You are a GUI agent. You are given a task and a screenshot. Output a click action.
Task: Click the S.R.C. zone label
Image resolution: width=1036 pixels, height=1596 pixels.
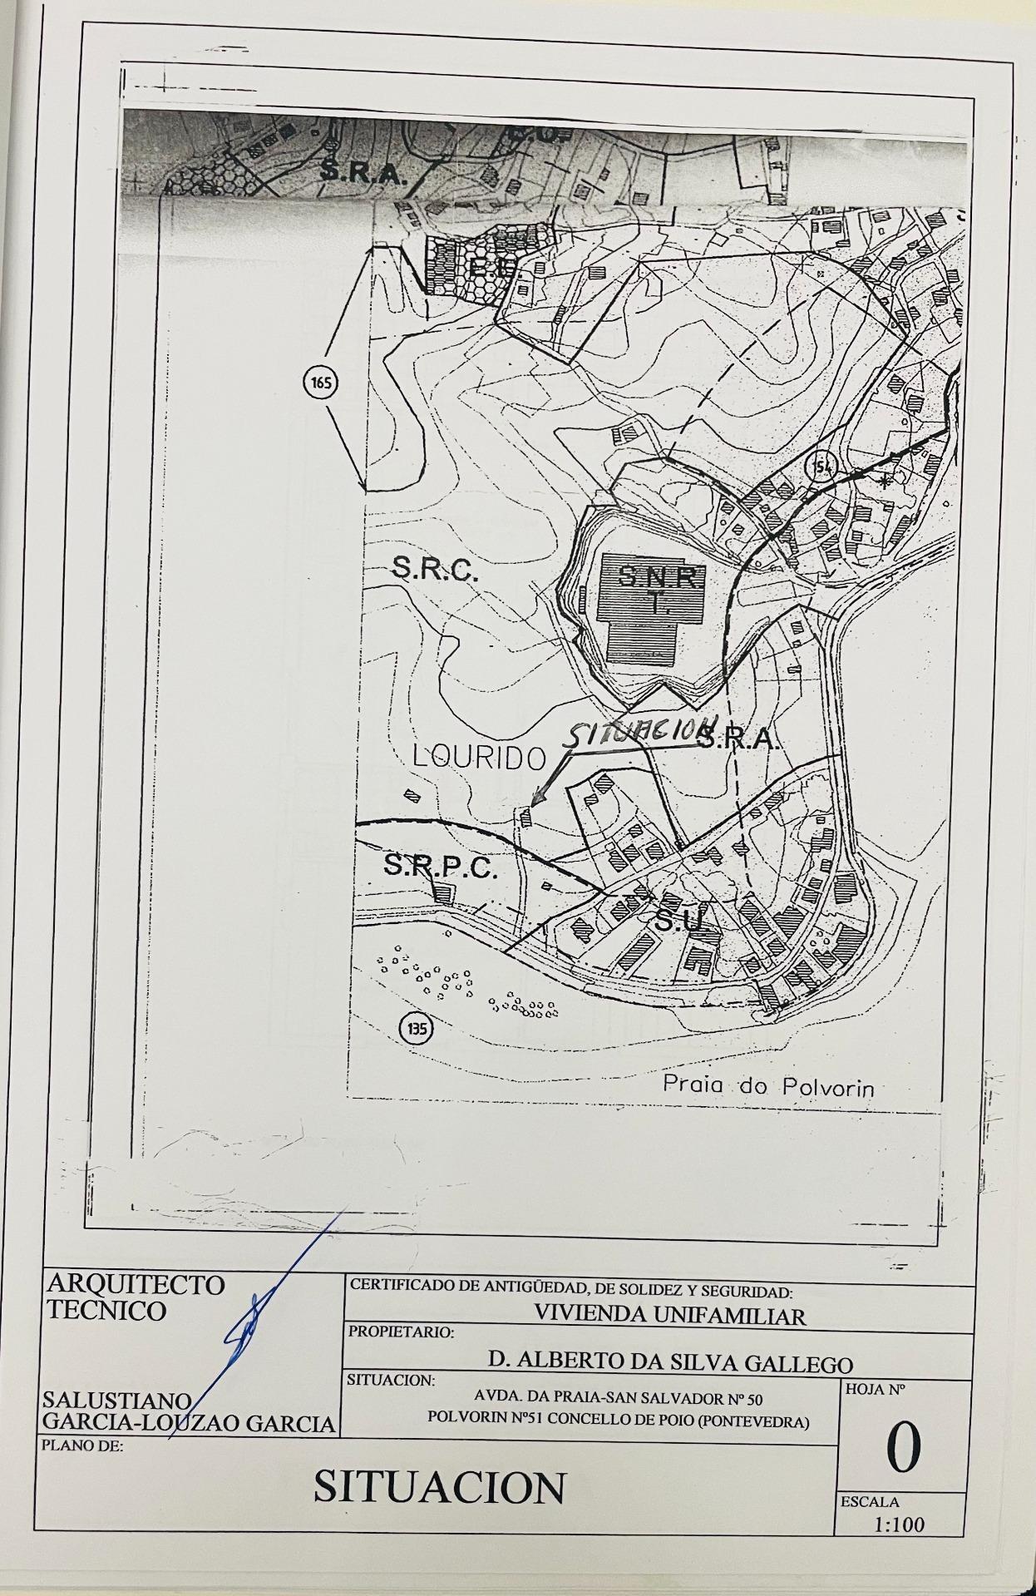pos(435,569)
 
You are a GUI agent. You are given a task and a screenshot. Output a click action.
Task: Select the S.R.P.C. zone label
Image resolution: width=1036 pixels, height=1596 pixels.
pos(441,867)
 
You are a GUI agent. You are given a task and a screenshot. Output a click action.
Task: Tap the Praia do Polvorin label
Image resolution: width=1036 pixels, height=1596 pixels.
pos(768,1085)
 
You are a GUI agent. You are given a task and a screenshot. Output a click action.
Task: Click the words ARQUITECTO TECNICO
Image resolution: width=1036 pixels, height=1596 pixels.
pos(133,1297)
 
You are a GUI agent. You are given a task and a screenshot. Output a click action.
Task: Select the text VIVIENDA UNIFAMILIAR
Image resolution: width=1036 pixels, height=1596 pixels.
pos(670,1316)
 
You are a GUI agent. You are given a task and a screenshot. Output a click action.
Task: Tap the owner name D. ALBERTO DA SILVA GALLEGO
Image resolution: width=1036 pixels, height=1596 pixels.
pos(670,1363)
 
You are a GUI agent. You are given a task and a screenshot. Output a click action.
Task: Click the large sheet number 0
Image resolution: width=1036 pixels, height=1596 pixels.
pos(903,1447)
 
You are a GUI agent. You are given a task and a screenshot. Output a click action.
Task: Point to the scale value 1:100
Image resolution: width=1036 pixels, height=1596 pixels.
pos(899,1524)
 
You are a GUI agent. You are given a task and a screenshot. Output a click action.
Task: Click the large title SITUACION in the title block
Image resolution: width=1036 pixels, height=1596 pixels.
pos(439,1486)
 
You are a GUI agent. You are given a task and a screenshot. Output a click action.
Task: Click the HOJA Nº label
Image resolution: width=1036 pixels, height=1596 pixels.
pos(875,1389)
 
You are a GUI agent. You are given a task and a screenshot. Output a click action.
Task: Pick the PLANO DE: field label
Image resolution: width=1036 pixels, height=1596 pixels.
pos(81,1445)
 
